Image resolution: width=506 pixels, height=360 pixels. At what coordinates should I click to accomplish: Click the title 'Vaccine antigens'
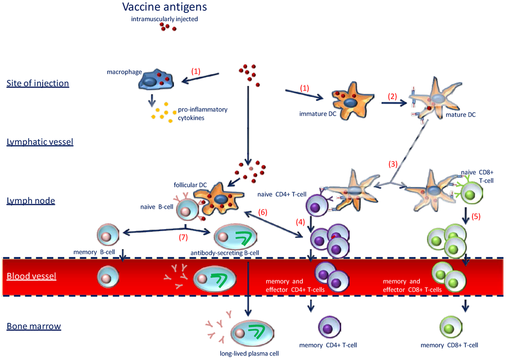(x=164, y=7)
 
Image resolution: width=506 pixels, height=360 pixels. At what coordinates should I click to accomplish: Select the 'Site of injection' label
(x=38, y=83)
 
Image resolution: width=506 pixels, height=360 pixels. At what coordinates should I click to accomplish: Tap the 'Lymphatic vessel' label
(x=40, y=142)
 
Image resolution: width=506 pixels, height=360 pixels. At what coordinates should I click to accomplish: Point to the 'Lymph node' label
(x=30, y=201)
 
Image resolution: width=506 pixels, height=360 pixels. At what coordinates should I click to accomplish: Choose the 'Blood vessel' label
(x=31, y=276)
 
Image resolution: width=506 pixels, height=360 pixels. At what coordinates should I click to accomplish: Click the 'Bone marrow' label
(x=34, y=326)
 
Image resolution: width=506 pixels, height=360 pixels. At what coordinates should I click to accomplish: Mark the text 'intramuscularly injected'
(x=165, y=19)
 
